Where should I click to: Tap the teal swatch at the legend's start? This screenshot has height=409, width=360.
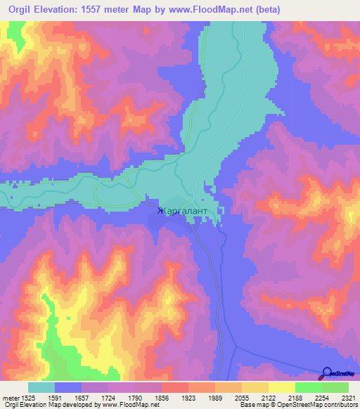pyautogui.click(x=41, y=387)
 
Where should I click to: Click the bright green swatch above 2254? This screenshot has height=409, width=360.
pyautogui.click(x=308, y=387)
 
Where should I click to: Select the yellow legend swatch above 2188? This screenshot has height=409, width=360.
pyautogui.click(x=281, y=387)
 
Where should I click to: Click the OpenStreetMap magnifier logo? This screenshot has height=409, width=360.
pyautogui.click(x=328, y=372)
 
